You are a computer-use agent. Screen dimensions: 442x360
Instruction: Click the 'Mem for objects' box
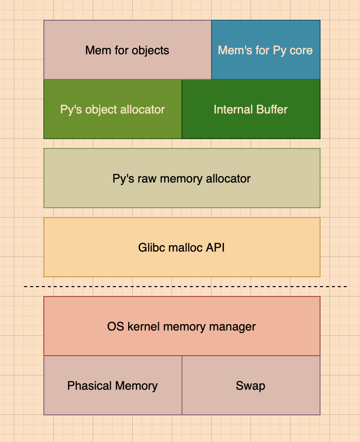click(x=127, y=50)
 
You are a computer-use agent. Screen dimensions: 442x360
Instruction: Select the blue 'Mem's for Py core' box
click(x=266, y=50)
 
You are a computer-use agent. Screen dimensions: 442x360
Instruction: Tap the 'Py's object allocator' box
click(x=112, y=109)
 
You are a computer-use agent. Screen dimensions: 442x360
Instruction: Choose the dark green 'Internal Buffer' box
click(x=251, y=109)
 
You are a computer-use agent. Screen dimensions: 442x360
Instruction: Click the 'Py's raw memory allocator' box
click(x=181, y=178)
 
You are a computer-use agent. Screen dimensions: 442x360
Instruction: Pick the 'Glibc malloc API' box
click(x=181, y=247)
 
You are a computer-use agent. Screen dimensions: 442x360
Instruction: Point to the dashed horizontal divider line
click(x=185, y=287)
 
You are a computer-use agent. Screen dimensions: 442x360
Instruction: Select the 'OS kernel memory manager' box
click(x=181, y=326)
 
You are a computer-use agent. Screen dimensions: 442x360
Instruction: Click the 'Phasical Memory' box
click(x=112, y=385)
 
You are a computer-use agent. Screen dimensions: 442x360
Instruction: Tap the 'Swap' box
click(x=251, y=385)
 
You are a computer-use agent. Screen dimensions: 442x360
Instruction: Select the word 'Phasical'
click(x=87, y=385)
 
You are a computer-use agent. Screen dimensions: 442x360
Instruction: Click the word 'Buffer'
click(x=271, y=109)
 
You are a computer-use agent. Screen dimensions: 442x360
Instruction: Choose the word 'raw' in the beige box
click(x=144, y=178)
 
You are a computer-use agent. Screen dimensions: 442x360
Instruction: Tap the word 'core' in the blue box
click(x=301, y=50)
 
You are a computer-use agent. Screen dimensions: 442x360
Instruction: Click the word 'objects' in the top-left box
click(x=150, y=50)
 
